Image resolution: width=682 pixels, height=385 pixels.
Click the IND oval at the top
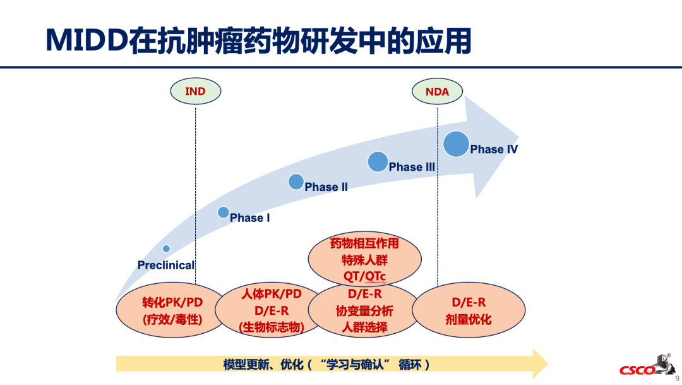(195, 91)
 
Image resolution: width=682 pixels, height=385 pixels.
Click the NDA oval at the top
(437, 92)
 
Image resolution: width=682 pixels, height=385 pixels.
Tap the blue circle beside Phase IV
(456, 144)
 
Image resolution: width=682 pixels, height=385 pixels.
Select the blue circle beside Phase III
(378, 162)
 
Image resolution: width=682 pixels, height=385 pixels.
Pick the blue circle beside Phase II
(296, 181)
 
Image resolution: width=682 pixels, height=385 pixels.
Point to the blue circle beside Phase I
(223, 212)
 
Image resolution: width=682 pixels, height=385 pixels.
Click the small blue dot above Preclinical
(166, 248)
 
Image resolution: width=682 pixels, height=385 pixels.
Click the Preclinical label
(165, 265)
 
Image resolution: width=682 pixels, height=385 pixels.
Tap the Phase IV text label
(494, 149)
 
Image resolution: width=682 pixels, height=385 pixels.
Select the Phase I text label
(249, 217)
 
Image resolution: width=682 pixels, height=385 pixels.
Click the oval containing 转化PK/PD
(172, 310)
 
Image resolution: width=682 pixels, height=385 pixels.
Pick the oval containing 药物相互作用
(364, 259)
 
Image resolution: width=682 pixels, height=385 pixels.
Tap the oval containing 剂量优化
(469, 310)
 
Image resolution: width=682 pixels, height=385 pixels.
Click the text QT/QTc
(364, 276)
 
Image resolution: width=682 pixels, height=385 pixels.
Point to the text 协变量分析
(364, 310)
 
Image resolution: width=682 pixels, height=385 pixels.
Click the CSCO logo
(647, 365)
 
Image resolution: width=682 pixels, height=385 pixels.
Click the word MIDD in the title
(86, 40)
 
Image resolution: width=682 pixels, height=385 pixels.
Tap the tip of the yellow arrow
(548, 364)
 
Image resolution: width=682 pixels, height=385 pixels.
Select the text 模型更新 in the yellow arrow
(246, 364)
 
